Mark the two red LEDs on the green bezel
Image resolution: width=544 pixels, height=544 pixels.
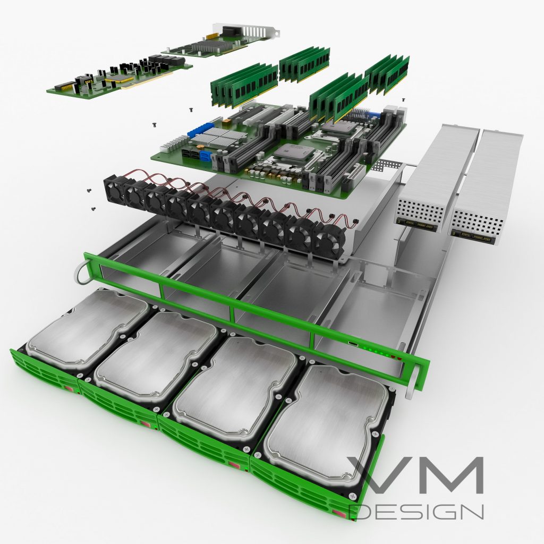click(x=397, y=359)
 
